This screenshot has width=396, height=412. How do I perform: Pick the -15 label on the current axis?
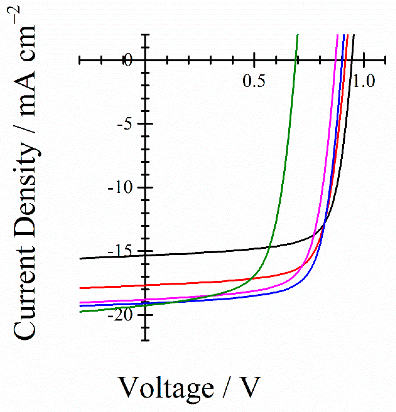tap(120, 251)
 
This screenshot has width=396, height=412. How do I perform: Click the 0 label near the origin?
tap(128, 60)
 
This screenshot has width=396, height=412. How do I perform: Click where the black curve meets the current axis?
tap(145, 255)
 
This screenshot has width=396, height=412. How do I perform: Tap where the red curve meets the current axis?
tap(145, 285)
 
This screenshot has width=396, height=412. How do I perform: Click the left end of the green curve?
tap(80, 312)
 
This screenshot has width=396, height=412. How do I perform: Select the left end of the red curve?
tap(80, 288)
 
